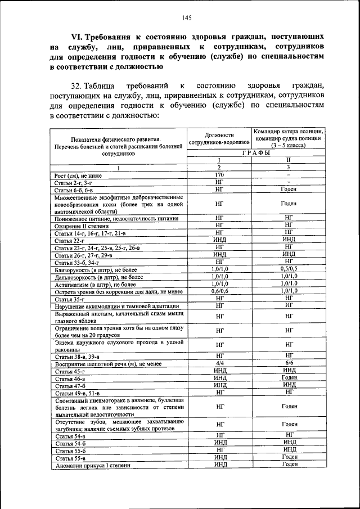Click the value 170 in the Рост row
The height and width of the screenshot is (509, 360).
click(219, 175)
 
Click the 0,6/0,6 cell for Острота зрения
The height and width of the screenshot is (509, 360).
click(219, 291)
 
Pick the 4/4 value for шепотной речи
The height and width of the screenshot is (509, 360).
click(219, 363)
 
